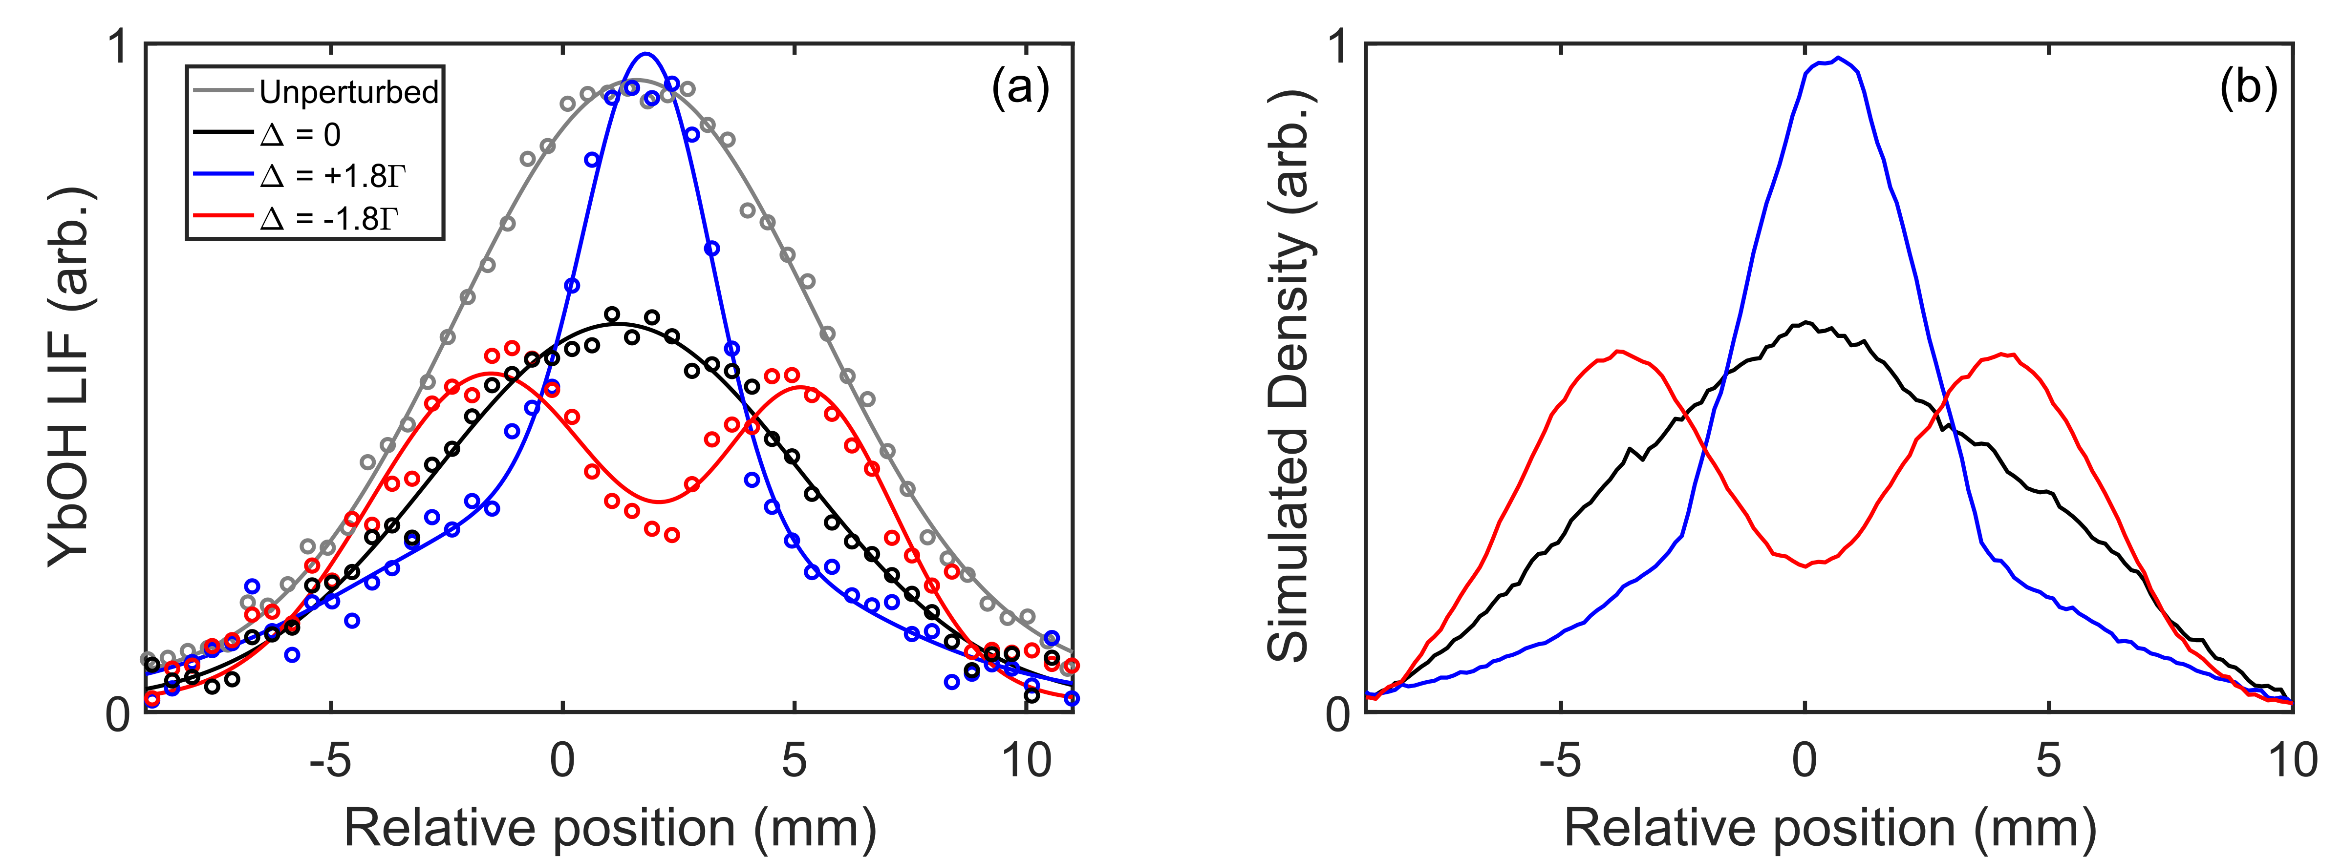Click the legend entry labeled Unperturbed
(x=348, y=92)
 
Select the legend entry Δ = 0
(x=300, y=134)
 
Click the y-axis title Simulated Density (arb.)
(x=1289, y=377)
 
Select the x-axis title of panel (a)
(x=609, y=827)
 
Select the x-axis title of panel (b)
(x=1829, y=827)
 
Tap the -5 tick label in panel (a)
(x=329, y=760)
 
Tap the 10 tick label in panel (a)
(x=1027, y=760)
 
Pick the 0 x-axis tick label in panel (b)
(x=1805, y=760)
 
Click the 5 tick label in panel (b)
(x=2047, y=760)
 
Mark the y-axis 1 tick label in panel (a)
(x=118, y=47)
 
